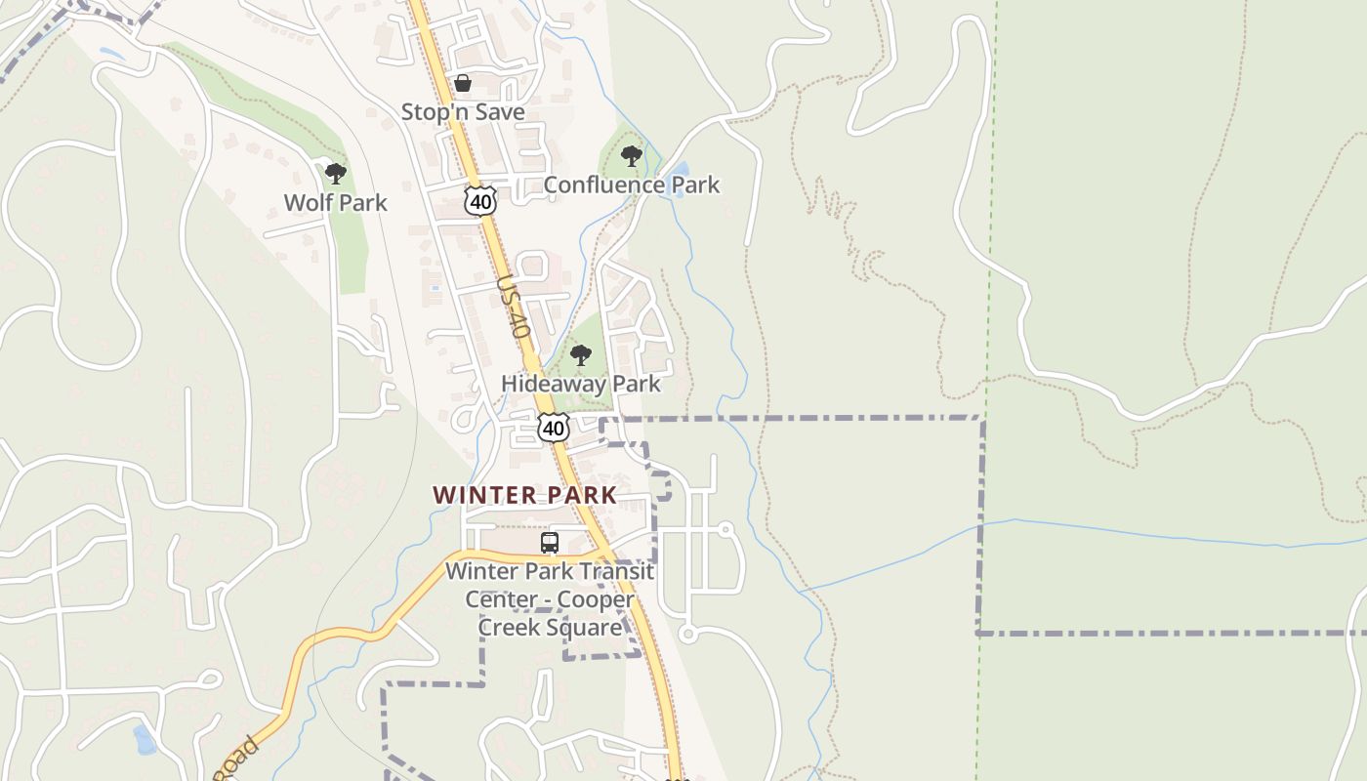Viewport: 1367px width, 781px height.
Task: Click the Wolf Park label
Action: tap(335, 203)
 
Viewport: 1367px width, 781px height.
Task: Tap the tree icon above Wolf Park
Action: tap(336, 175)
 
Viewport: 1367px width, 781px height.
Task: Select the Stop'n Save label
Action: tap(463, 112)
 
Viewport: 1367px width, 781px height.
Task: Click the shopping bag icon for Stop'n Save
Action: tap(463, 83)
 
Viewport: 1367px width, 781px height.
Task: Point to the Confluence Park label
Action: tap(631, 185)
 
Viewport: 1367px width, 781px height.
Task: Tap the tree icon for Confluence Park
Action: tap(632, 155)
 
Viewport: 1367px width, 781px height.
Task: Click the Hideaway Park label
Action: tap(581, 384)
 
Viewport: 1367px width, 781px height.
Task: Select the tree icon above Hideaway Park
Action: tap(581, 355)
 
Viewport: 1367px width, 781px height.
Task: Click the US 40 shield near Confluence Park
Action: tap(480, 202)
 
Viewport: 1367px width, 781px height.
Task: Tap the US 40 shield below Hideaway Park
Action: tap(554, 428)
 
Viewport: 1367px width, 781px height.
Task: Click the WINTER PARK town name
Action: tap(525, 495)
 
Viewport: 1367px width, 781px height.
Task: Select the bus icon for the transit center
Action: tap(550, 543)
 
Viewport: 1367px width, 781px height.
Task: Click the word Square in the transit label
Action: tap(587, 627)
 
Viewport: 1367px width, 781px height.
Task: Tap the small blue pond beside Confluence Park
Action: tap(676, 181)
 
